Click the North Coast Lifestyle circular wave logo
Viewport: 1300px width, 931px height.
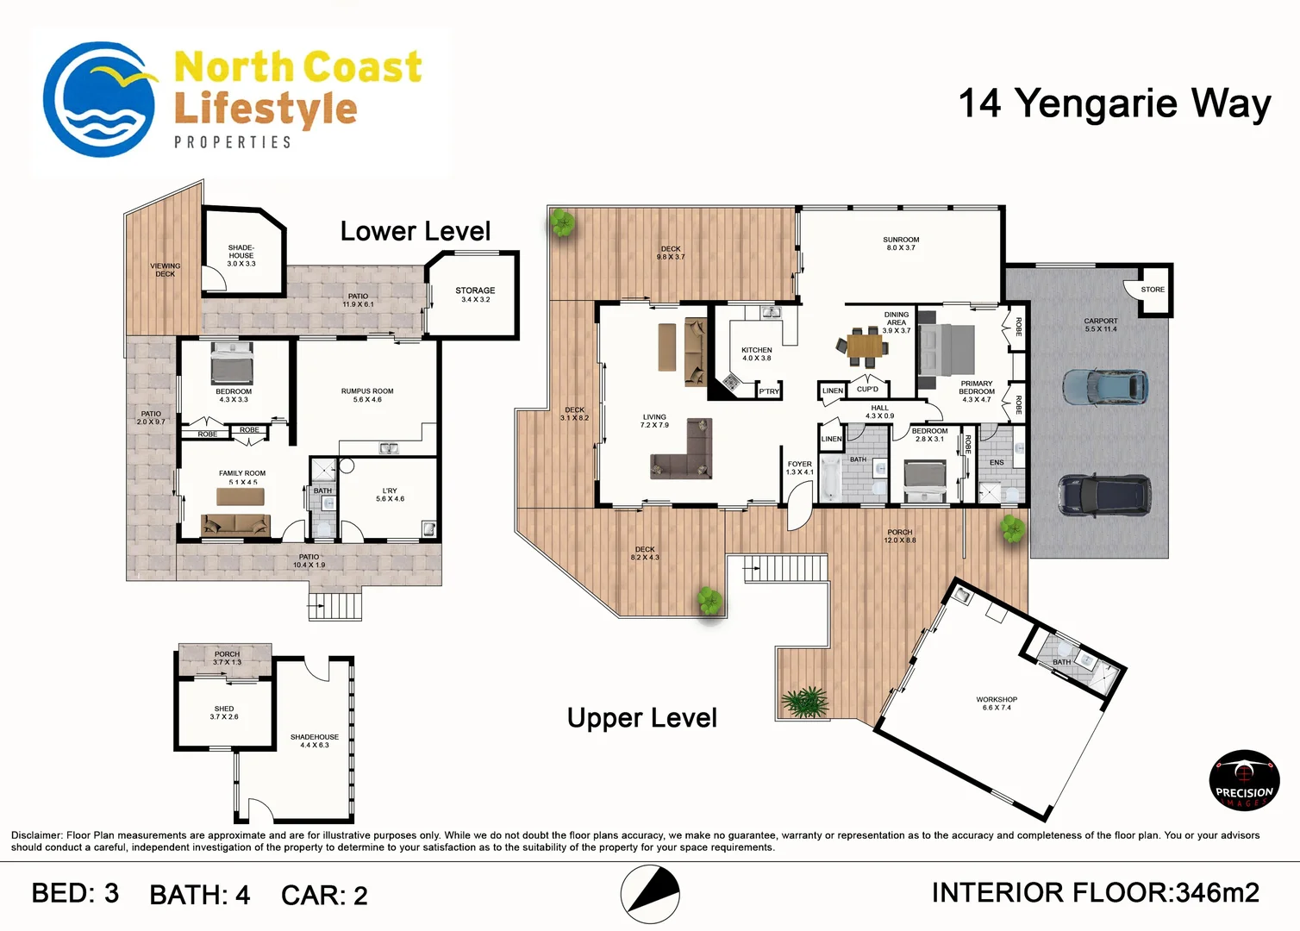coord(99,99)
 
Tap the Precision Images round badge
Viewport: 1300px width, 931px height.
coord(1244,781)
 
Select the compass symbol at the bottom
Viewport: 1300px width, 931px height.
coord(650,894)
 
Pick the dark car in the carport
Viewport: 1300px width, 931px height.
coord(1103,496)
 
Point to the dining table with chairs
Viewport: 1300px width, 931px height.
coord(865,346)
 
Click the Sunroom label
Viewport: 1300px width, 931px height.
coord(901,244)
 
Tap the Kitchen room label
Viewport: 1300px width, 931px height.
coord(757,353)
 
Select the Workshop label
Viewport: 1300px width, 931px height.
coord(997,703)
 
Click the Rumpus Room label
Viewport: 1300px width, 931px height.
coord(367,395)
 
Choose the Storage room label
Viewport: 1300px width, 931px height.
coord(475,294)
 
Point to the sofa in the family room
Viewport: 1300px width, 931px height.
coord(235,524)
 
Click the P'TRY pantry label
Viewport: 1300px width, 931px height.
coord(769,391)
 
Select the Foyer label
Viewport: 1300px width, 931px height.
coord(799,467)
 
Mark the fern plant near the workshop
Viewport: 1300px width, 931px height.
coord(805,702)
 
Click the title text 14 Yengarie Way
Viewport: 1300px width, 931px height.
coord(1115,103)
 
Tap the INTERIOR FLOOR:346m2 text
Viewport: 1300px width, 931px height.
coord(1095,893)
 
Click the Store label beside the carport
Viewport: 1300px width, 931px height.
coord(1153,290)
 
